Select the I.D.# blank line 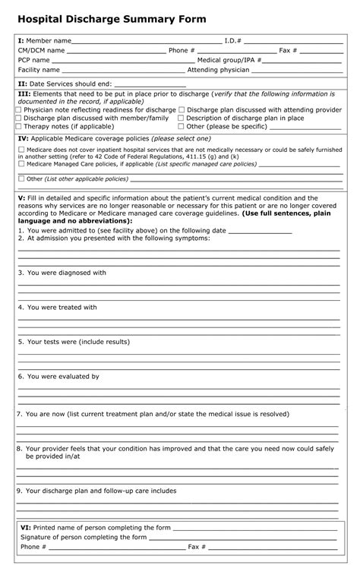tap(292, 41)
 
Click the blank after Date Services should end tap(150, 84)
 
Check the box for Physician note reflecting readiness tap(18, 110)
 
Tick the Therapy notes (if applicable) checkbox tap(18, 127)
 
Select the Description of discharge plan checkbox tap(181, 118)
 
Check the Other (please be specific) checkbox tap(181, 127)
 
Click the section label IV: tap(23, 140)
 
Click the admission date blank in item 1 tap(260, 231)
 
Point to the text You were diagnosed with tap(67, 273)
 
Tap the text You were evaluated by tap(63, 377)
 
